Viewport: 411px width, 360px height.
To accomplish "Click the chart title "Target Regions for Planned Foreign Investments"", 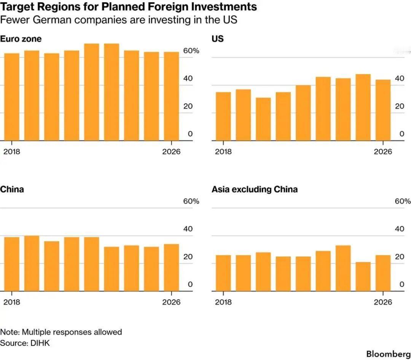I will coord(128,7).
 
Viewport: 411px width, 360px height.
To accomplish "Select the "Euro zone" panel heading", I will coord(21,39).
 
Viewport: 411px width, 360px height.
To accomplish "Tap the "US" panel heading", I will coord(218,39).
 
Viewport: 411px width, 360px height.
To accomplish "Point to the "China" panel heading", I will coord(12,189).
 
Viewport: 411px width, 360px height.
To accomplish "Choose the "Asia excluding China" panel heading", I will coord(255,189).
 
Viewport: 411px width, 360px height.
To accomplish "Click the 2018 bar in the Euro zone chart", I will coord(12,97).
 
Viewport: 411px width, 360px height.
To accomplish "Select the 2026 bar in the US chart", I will coord(383,110).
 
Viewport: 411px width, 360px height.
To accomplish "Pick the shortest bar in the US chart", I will coord(263,119).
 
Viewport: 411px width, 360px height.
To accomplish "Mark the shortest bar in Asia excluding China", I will coord(363,277).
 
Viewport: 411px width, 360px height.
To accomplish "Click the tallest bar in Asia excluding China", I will coord(343,268).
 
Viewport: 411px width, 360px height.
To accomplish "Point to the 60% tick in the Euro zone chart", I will coord(191,51).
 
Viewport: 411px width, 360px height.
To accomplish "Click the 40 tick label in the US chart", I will coord(400,78).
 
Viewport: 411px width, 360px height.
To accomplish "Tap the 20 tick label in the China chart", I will coord(188,257).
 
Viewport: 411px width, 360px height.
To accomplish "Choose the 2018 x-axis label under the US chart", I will coord(223,152).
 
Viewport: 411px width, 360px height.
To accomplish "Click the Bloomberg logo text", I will coord(388,354).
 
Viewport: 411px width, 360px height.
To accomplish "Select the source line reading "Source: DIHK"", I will coord(25,343).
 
